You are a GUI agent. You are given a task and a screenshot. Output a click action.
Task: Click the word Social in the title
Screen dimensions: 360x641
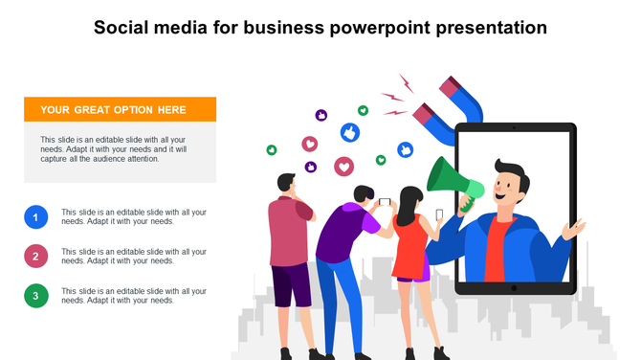[123, 28]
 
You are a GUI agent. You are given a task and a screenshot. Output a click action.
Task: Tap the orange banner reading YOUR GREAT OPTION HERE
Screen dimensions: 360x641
[120, 109]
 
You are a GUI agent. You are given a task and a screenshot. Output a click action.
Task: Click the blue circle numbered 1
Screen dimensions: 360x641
[35, 217]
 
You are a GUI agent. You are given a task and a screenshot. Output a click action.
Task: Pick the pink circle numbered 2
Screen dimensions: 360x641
[35, 257]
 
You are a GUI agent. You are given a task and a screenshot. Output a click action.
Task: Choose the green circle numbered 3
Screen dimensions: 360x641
[35, 296]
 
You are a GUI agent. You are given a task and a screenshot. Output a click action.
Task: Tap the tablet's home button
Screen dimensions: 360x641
[514, 287]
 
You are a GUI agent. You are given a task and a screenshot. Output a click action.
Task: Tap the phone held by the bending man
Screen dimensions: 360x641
[385, 202]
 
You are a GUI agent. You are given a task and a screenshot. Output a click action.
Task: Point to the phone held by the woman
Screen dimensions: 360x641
[439, 214]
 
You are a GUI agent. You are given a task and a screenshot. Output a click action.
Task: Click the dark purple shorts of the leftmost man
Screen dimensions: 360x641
[291, 284]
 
